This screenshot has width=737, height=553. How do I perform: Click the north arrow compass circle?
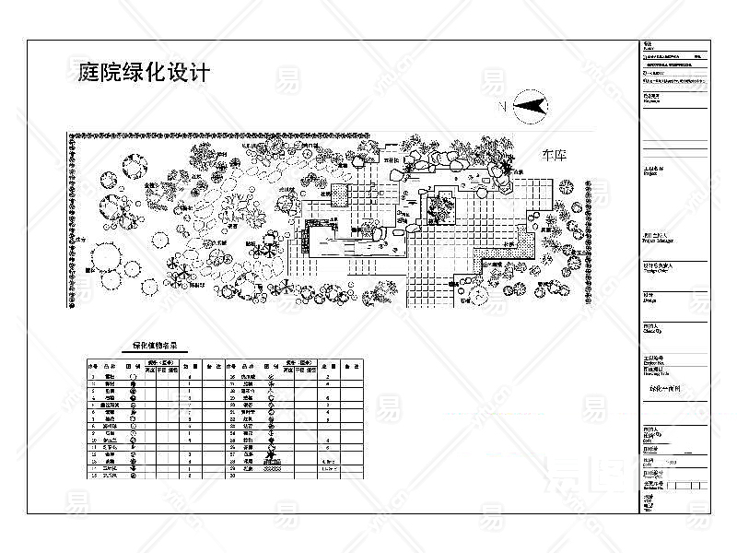tap(532, 107)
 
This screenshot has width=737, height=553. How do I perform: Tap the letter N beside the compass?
tap(503, 108)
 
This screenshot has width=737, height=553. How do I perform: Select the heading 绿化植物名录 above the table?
tap(154, 347)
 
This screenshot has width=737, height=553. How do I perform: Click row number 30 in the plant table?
tap(233, 477)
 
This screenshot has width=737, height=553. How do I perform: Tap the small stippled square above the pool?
tap(340, 195)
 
